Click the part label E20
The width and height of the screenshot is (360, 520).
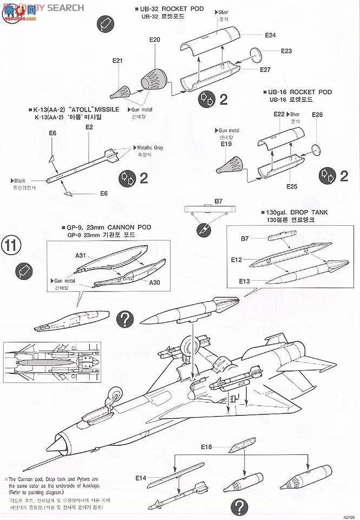coord(155,40)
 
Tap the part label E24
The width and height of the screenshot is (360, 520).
coord(271,35)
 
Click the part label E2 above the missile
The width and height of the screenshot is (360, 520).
coord(89,127)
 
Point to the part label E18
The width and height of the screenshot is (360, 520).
coord(206,447)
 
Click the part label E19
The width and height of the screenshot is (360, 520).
coord(225,145)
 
